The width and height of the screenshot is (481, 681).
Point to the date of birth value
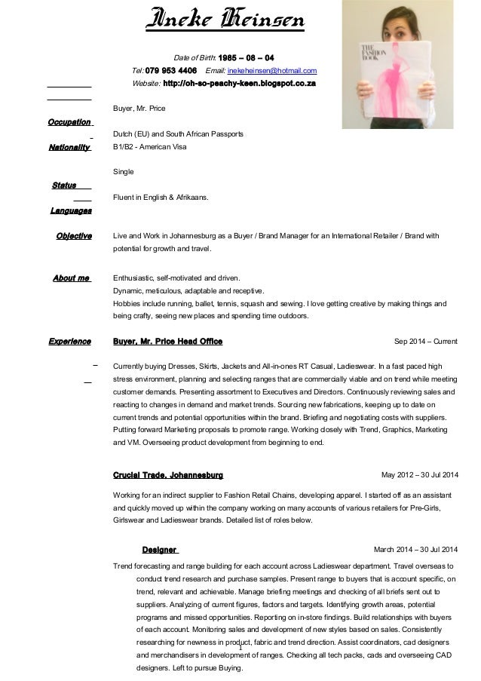[x=246, y=58]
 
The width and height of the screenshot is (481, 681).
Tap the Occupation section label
[x=69, y=121]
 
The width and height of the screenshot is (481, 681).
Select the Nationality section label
[x=69, y=147]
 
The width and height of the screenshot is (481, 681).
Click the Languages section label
[x=71, y=210]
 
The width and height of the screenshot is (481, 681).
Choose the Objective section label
[x=74, y=236]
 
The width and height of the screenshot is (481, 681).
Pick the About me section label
[x=72, y=278]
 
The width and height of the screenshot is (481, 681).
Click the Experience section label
[x=70, y=342]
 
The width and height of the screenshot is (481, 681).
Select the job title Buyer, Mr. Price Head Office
[x=167, y=342]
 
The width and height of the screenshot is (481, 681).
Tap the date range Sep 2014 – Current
[x=425, y=342]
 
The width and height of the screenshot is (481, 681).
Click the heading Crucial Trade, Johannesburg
[x=167, y=476]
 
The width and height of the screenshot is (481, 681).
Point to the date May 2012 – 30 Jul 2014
[x=419, y=476]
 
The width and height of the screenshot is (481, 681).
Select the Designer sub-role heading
[x=159, y=550]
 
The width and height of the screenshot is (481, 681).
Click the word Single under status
[x=123, y=172]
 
